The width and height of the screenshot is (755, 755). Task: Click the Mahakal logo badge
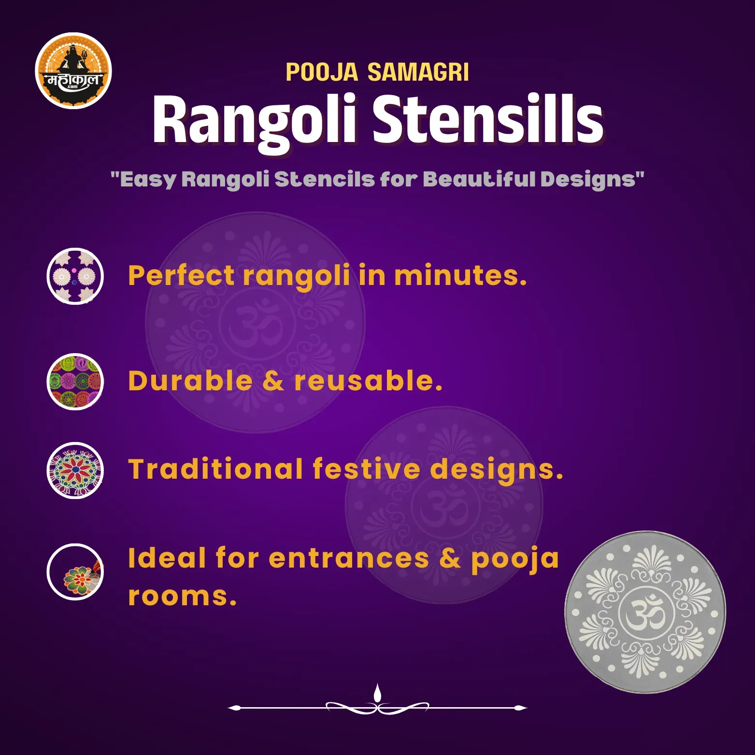(73, 71)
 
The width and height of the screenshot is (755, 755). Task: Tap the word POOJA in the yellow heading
(322, 72)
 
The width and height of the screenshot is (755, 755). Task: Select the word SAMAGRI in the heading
(418, 72)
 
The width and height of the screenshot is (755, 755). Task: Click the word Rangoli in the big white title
(255, 121)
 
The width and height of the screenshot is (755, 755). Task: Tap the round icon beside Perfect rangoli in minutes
(75, 276)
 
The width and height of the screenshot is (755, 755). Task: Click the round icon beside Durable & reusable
(75, 382)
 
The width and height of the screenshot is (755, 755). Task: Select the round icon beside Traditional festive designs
(75, 470)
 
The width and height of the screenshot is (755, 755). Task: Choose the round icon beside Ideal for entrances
(75, 572)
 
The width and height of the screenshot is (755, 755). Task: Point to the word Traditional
(215, 469)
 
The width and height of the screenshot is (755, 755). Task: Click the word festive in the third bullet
(367, 469)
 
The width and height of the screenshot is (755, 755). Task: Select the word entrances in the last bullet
(349, 559)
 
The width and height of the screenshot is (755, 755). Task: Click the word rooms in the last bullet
(182, 596)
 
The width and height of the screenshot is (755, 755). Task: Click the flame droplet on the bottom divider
(377, 693)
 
